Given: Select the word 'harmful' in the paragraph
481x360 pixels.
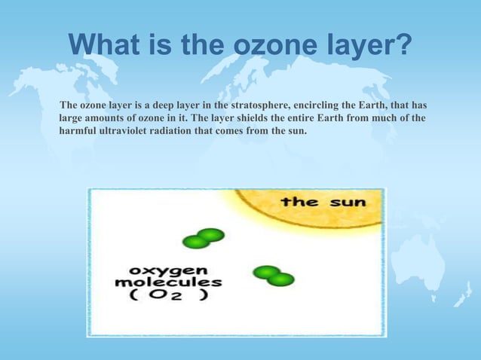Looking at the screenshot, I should [77, 131].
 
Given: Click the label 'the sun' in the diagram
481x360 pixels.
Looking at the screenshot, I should [323, 201].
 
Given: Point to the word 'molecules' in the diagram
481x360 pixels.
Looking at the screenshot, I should [167, 282].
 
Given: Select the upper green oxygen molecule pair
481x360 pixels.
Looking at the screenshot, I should [204, 238].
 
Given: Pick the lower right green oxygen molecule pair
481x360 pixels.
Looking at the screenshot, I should [273, 276].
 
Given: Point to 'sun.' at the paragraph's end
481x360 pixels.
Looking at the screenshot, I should [297, 131].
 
